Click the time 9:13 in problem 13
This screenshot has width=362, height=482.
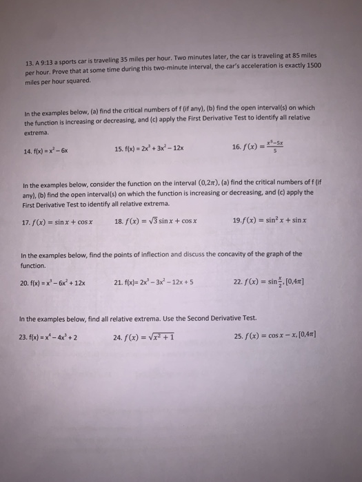[48, 58]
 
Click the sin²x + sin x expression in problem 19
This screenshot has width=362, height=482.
[275, 221]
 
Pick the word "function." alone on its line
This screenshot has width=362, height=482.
[33, 264]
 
